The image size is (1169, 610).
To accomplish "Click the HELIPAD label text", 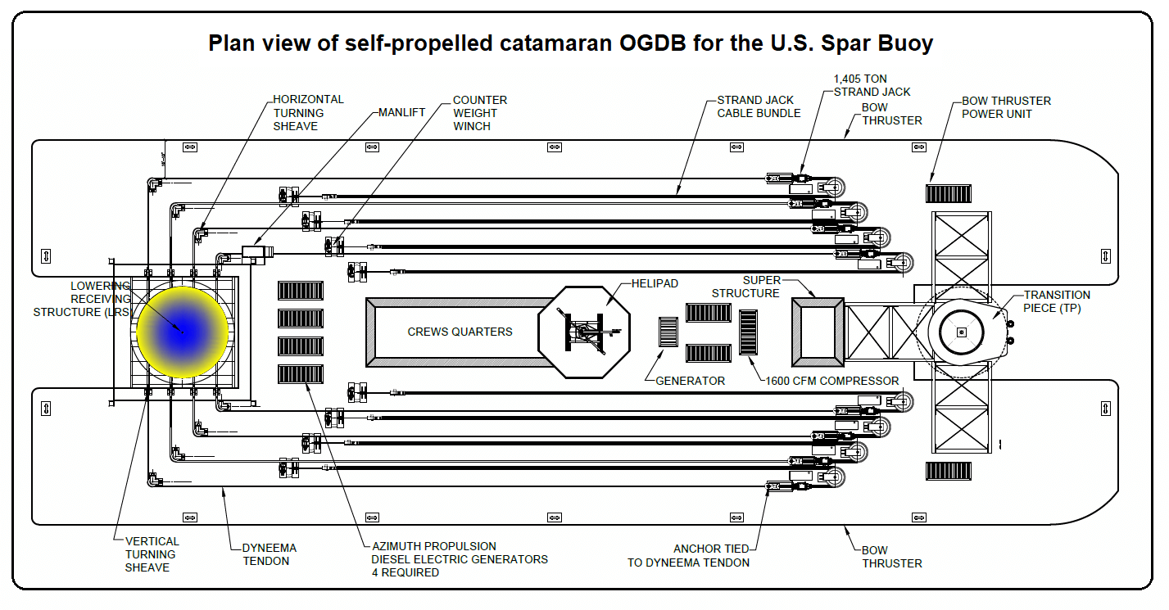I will click(655, 283).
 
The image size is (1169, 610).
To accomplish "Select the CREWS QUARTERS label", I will click(460, 332).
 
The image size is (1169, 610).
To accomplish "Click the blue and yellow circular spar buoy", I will click(182, 332).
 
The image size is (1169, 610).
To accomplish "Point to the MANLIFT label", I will click(401, 112).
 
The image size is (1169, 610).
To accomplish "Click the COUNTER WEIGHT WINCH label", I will click(479, 113).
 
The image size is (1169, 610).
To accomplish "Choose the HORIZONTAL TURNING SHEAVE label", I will click(308, 113).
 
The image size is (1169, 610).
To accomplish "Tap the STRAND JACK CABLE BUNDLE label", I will click(759, 106).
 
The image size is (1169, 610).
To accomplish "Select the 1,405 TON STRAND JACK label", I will click(872, 85).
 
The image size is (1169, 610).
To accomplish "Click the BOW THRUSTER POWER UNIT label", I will click(1005, 107).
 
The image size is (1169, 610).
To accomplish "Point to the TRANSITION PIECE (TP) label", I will click(1057, 301).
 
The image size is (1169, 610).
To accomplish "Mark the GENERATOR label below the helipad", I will click(690, 381).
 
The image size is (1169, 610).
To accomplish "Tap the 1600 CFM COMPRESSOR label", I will click(831, 381).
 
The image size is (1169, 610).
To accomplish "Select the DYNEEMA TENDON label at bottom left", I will click(269, 554).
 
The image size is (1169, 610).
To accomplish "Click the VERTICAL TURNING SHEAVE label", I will click(152, 554).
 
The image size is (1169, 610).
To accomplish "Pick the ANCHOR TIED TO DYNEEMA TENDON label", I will click(688, 556).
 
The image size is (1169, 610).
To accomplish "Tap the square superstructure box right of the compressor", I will click(817, 332).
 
